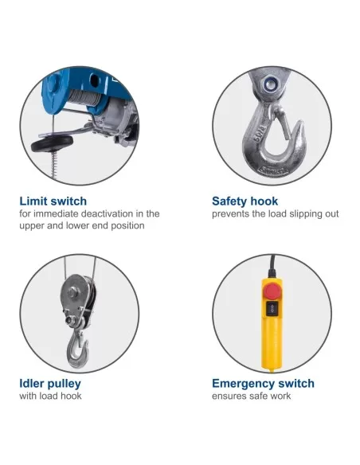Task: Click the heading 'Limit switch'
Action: click(x=53, y=201)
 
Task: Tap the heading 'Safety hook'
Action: click(x=245, y=201)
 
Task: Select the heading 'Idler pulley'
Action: click(x=50, y=384)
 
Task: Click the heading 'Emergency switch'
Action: click(x=263, y=384)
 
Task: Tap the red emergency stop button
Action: click(x=272, y=291)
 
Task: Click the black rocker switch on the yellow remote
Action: click(x=272, y=309)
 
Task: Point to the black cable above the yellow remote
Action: click(x=272, y=266)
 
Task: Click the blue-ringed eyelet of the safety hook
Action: click(x=270, y=84)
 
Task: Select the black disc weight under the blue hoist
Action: click(x=53, y=143)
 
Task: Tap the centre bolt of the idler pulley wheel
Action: click(x=72, y=292)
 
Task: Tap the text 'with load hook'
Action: click(x=50, y=396)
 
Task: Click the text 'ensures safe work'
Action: click(x=252, y=396)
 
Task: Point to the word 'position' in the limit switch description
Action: click(x=127, y=226)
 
